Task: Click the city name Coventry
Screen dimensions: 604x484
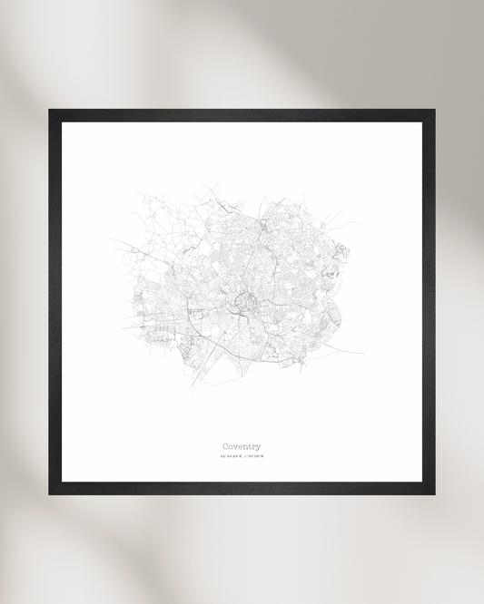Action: click(242, 446)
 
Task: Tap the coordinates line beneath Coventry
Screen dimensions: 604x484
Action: click(242, 457)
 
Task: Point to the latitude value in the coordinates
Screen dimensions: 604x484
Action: click(231, 457)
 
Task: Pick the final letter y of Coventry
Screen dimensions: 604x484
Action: click(258, 447)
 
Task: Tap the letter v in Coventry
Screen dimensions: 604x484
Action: click(237, 446)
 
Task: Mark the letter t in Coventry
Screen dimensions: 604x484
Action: click(248, 446)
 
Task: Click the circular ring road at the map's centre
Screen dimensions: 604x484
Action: click(242, 304)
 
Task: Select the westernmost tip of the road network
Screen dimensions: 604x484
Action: click(113, 240)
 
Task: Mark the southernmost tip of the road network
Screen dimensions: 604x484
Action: click(193, 389)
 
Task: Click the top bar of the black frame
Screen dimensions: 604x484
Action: click(242, 114)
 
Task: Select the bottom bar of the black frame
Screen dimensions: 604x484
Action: click(242, 489)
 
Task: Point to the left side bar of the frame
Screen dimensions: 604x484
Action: click(54, 302)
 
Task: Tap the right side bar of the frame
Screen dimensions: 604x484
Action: click(429, 302)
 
